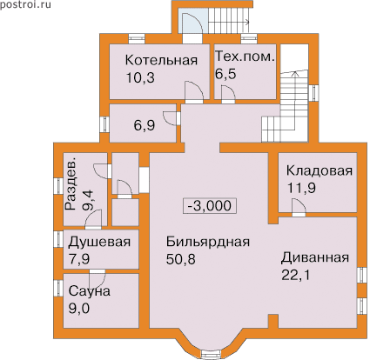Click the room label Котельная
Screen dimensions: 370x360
161,60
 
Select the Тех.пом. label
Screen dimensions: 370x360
245,57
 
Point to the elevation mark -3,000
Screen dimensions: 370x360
210,206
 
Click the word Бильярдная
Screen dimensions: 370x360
208,242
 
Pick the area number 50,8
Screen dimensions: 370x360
180,259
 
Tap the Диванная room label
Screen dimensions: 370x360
314,257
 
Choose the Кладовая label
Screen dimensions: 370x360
320,170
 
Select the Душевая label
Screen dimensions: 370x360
99,243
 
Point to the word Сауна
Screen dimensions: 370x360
90,291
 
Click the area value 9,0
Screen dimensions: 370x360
79,309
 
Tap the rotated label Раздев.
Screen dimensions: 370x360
71,184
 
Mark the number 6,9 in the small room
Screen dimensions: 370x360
145,125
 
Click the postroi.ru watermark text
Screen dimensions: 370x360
25,4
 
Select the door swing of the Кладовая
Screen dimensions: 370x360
299,206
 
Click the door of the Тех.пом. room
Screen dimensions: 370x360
228,93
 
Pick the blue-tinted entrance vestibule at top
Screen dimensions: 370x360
193,21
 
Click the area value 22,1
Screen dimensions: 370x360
296,275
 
